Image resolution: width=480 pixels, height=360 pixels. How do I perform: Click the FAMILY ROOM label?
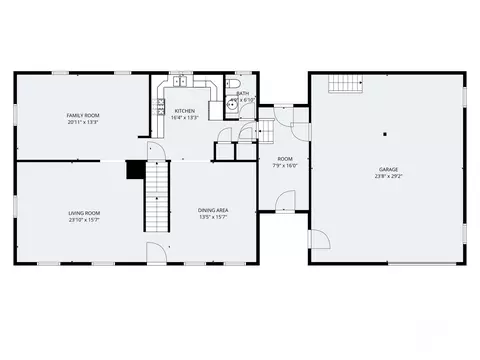point(83,115)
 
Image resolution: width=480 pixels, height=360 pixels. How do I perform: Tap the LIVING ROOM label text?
point(84,212)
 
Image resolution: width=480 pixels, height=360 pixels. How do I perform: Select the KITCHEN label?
point(185,110)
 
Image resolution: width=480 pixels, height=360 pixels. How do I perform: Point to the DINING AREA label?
point(213,210)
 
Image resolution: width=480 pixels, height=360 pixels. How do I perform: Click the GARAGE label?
point(388,170)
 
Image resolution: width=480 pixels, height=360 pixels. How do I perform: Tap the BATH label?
point(243,93)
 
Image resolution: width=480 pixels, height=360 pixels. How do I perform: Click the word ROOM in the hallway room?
point(285,159)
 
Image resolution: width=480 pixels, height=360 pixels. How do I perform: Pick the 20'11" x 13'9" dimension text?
point(83,122)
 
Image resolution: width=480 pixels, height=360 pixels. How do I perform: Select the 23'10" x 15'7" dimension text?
point(84,219)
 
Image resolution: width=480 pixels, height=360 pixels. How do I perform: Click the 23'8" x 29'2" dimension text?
point(388,177)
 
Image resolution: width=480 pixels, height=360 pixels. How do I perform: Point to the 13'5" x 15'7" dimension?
point(213,217)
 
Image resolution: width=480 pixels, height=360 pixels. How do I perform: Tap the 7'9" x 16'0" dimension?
point(285,166)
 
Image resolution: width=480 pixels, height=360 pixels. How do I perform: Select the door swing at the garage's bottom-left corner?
point(319,240)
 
